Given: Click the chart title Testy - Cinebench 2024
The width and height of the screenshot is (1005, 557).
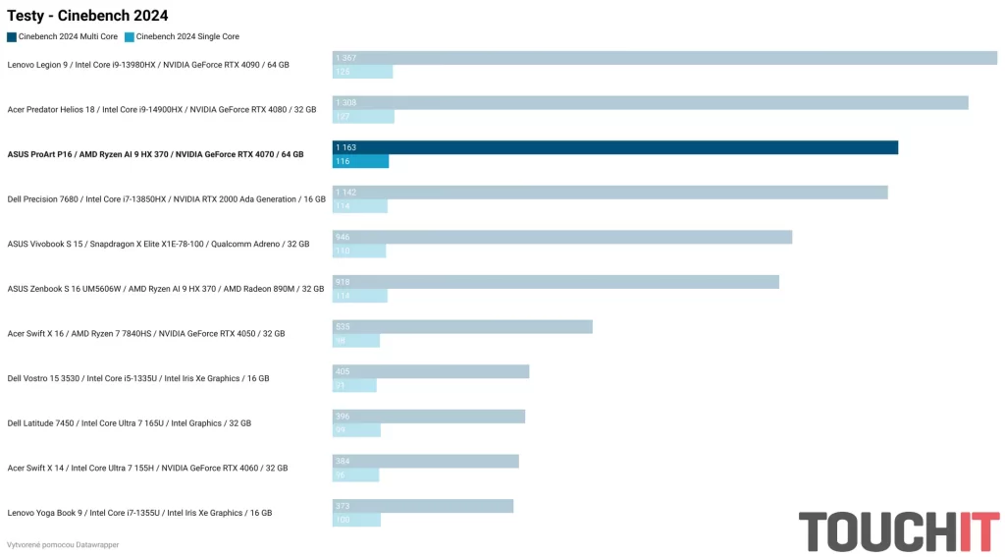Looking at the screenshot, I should (87, 15).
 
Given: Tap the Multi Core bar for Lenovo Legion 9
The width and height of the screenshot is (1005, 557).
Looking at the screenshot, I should (664, 58).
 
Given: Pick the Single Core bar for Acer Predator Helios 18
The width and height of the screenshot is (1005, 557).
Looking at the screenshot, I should (363, 117).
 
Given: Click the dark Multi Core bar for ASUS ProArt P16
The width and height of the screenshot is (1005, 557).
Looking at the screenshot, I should (615, 147).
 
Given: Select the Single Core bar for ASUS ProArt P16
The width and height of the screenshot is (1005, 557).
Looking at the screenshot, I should (360, 161).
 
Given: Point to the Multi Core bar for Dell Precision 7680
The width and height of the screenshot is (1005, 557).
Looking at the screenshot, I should (609, 193).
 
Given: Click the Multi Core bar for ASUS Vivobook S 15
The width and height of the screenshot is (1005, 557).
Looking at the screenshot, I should (562, 237).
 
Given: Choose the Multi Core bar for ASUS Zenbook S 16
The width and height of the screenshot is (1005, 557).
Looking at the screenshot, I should (555, 282).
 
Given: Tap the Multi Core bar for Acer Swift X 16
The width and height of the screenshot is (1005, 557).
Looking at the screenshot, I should (462, 326).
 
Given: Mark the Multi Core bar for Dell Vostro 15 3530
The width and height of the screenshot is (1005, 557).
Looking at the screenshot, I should (431, 371).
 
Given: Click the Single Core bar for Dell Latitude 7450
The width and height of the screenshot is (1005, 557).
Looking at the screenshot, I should (356, 430).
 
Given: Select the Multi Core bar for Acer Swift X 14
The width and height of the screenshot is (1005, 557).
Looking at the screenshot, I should (425, 461).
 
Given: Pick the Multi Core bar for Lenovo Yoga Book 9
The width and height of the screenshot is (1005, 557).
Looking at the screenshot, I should (423, 506).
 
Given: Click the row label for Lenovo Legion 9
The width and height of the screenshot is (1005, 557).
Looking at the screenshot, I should (148, 65).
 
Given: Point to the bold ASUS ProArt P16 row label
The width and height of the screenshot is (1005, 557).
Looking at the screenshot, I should (155, 154).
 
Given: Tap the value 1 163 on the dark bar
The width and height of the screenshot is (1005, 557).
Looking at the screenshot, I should (345, 147).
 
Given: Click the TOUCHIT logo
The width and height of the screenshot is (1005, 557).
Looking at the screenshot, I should (898, 531).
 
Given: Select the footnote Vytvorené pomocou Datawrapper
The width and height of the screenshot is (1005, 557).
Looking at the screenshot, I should (63, 544).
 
